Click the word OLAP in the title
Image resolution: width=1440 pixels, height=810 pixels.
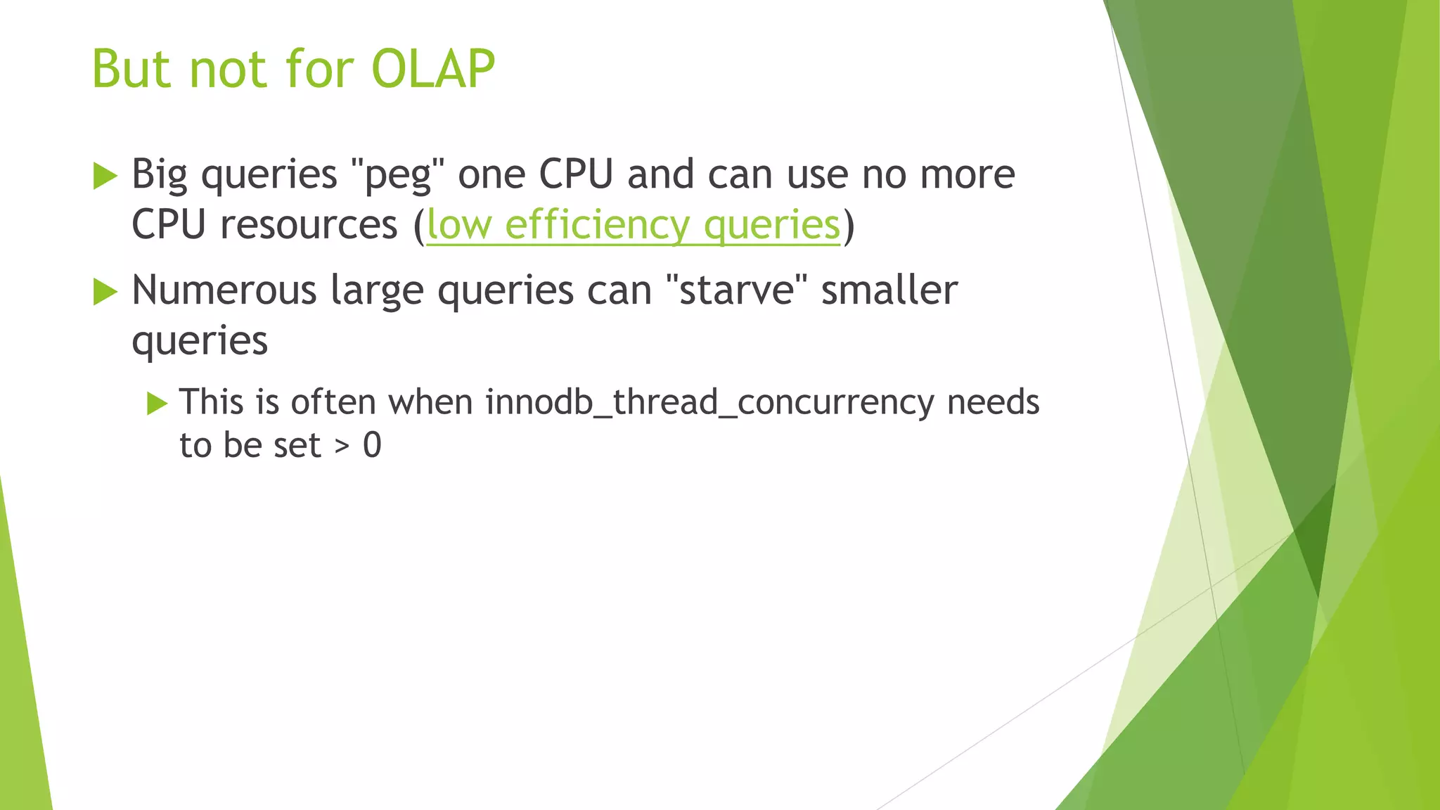point(432,70)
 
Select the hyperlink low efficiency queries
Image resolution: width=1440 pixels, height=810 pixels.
point(633,225)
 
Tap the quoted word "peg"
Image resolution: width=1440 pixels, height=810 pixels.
point(397,174)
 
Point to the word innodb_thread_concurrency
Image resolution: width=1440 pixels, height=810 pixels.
point(709,403)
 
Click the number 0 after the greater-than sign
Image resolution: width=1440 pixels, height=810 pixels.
point(372,445)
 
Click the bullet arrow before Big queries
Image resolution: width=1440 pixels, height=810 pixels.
point(105,176)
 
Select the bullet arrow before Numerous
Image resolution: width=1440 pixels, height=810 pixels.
point(105,291)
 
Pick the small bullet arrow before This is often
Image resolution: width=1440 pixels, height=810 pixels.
point(157,404)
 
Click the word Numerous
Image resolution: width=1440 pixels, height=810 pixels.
point(224,290)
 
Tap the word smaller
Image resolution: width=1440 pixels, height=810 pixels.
point(889,290)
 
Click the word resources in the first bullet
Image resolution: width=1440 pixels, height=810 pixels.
point(309,225)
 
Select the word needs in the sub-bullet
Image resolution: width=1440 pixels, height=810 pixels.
point(993,403)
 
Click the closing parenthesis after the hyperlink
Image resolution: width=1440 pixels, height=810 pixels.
point(849,225)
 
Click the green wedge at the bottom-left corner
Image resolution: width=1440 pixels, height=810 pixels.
point(21,703)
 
